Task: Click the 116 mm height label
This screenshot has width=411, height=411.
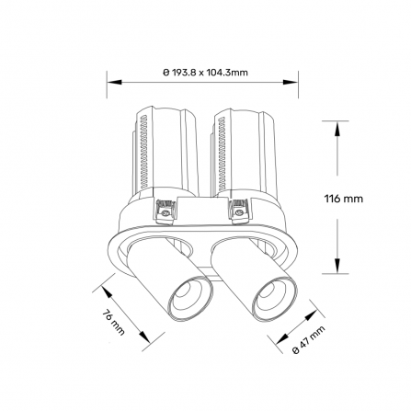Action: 344,199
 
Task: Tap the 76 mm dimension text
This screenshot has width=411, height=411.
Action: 113,323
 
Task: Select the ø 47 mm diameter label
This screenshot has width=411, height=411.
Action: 308,340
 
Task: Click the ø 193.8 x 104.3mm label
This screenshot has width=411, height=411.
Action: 205,73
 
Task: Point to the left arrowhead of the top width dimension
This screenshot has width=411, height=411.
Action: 114,82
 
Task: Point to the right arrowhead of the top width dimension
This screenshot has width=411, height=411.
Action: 291,82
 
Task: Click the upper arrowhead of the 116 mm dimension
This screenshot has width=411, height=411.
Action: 337,129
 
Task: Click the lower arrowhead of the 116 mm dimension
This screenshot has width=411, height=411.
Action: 337,266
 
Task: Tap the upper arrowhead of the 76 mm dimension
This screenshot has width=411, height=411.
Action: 107,292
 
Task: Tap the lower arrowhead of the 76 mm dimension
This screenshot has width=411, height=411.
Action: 145,337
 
